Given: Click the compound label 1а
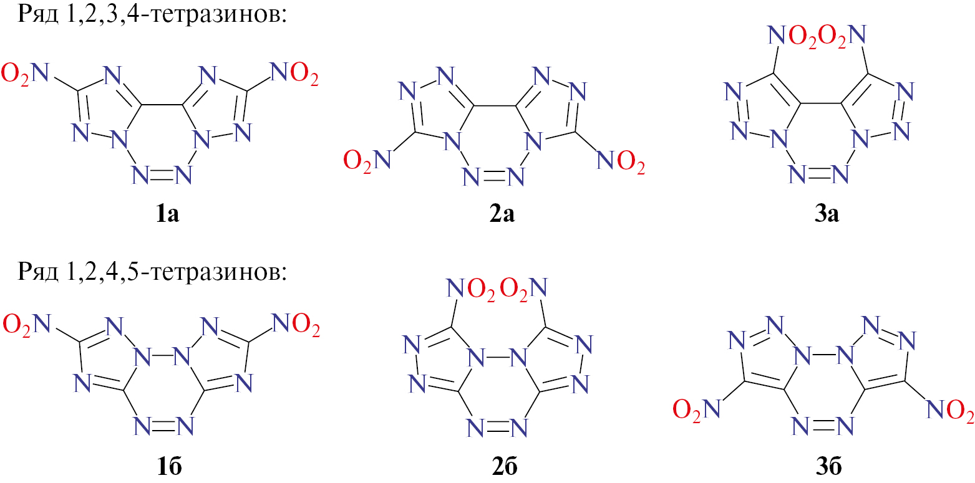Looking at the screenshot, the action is click(x=168, y=214).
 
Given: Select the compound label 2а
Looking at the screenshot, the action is click(x=502, y=214).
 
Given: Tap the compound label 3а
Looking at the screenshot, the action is click(x=827, y=214).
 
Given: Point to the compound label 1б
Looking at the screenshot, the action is click(x=169, y=467).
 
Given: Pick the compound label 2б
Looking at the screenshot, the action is click(x=505, y=467).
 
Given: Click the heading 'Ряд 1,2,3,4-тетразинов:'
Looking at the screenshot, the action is click(x=152, y=15).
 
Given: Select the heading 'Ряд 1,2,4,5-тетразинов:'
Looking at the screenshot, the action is click(x=152, y=272).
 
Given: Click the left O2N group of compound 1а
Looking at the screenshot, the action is click(x=25, y=74).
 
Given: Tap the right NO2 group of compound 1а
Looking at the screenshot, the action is click(x=294, y=74).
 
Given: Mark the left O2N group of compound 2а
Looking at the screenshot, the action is click(x=367, y=161).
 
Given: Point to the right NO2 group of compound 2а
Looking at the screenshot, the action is click(x=621, y=161).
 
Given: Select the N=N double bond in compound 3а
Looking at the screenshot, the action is click(x=819, y=175).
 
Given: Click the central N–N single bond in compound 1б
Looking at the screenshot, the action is click(x=162, y=357).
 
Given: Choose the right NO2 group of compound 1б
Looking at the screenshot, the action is click(x=296, y=325).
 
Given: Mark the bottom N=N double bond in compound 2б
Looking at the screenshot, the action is click(x=497, y=428).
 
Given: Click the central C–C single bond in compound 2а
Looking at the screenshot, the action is click(x=495, y=106).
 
